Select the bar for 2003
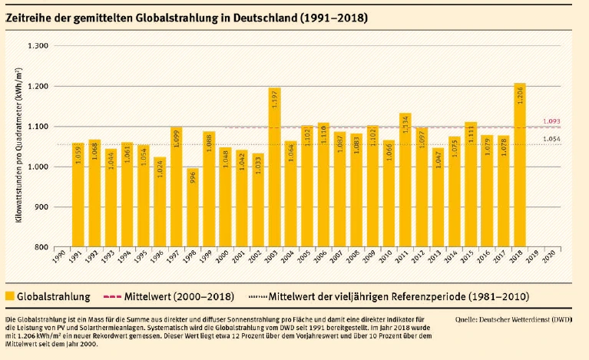(274, 169)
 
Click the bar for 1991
(78, 196)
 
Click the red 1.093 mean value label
(551, 121)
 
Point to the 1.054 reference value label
(551, 139)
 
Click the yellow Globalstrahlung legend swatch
(10, 296)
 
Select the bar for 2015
(471, 184)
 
